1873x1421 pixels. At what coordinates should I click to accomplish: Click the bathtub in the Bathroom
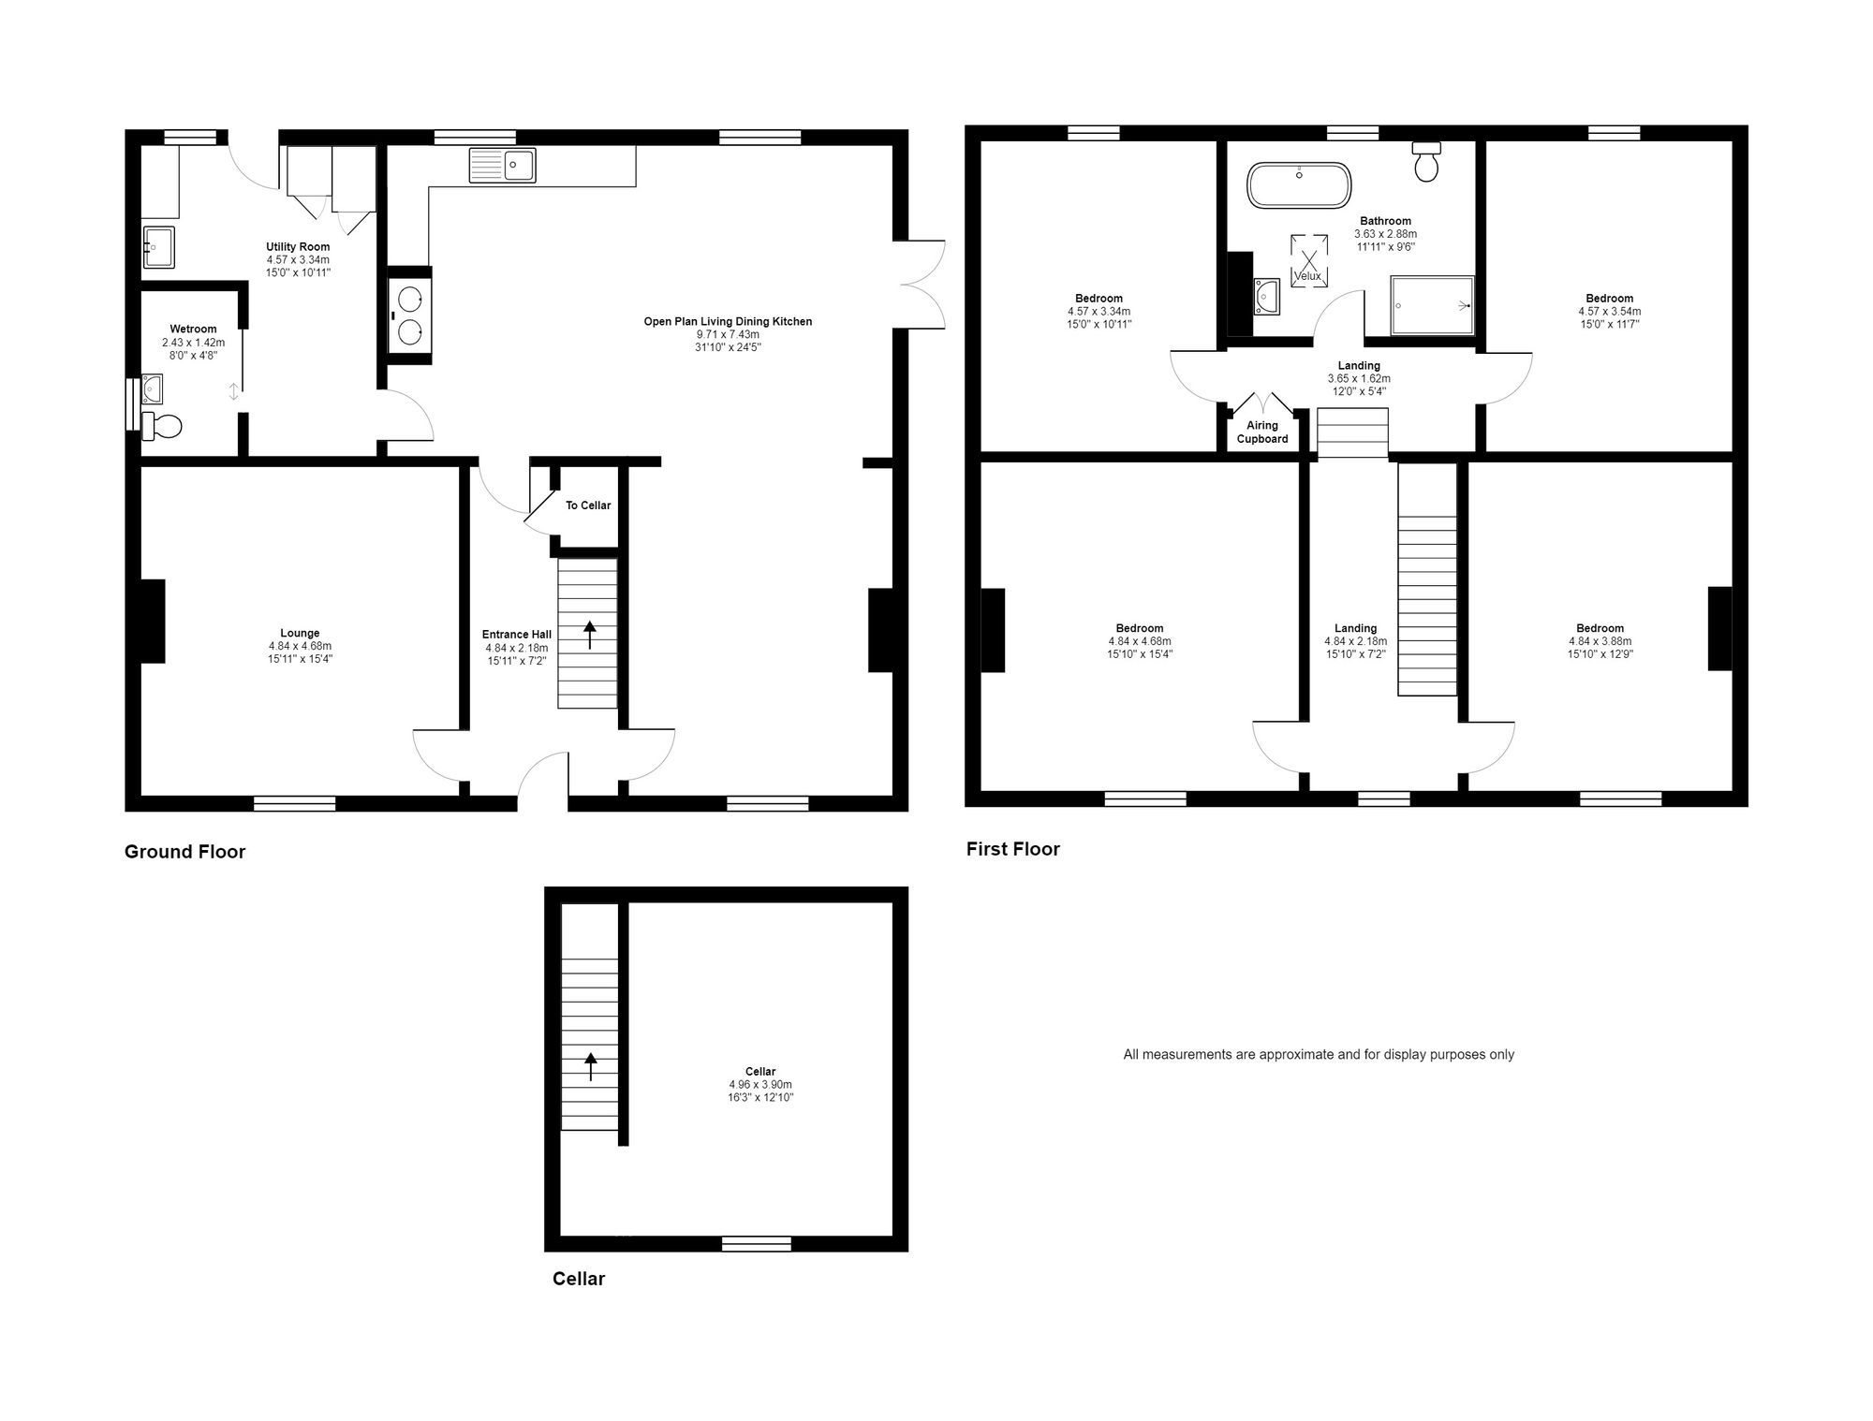pos(1299,185)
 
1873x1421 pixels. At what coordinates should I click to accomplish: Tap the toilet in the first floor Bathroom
pos(1426,164)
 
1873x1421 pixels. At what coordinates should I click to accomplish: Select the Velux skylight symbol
pos(1308,261)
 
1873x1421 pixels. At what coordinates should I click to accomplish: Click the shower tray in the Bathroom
pos(1432,305)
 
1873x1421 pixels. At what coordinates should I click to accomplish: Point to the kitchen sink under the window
pos(503,166)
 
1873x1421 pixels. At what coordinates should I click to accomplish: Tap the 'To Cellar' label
pos(588,505)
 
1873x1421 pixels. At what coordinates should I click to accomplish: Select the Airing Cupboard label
pos(1262,432)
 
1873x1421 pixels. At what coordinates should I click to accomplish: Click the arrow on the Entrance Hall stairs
pos(590,634)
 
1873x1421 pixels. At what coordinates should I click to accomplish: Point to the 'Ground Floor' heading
pos(184,852)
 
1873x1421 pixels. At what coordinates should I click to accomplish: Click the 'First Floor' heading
pos(1012,849)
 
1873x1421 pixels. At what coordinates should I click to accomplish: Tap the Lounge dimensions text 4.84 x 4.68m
pos(300,646)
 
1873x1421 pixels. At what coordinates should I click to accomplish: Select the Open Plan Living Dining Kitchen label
pos(728,321)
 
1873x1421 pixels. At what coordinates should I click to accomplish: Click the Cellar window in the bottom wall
pos(756,1244)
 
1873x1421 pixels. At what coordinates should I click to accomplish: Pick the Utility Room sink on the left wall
pos(158,247)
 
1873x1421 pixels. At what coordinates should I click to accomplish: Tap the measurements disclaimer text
pos(1318,1054)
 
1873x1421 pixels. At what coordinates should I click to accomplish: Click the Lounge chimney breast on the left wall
pos(152,621)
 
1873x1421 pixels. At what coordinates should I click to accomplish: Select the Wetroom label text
pos(193,329)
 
